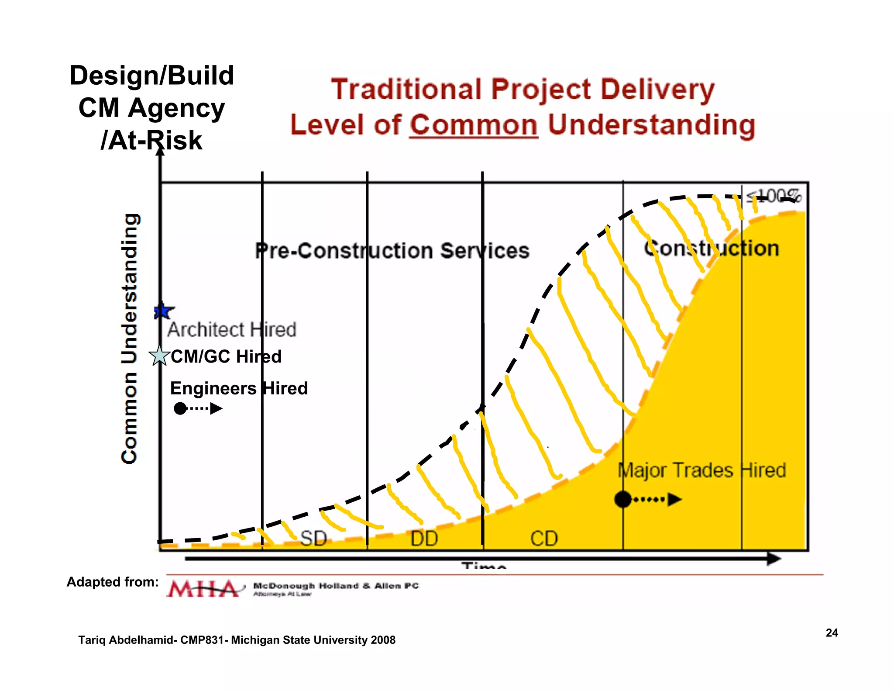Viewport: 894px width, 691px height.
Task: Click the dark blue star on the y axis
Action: point(163,311)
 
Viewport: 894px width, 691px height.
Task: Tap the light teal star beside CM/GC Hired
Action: point(159,356)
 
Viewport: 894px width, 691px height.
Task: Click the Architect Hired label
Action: point(231,330)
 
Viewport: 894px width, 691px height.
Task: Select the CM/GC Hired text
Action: point(226,356)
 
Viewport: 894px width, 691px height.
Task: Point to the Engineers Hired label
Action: point(239,388)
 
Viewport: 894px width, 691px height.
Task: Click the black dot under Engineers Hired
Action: point(180,409)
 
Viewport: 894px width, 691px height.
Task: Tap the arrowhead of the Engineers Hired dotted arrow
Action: point(216,409)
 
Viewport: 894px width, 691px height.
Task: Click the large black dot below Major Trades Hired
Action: point(623,499)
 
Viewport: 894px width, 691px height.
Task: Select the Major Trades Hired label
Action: point(701,470)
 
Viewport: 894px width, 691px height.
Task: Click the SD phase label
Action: point(313,539)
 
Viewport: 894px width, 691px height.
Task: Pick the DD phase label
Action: point(424,539)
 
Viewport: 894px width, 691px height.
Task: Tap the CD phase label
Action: point(544,539)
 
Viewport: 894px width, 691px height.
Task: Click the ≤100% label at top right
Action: point(774,196)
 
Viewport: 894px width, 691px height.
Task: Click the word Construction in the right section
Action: point(712,249)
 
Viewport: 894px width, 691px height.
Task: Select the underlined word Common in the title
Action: point(474,125)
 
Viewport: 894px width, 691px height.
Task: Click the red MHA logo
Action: point(203,589)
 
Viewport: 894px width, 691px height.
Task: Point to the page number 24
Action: point(832,633)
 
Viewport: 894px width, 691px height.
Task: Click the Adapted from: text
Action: point(113,582)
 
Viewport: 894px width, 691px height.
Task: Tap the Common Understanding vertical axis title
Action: point(130,339)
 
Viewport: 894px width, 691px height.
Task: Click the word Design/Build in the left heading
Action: point(152,76)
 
